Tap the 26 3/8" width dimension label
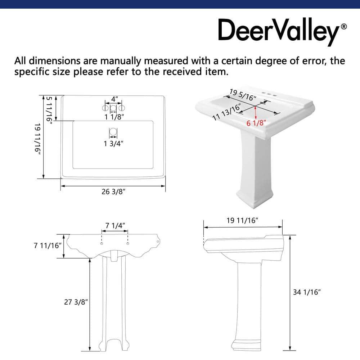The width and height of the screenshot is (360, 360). click(113, 192)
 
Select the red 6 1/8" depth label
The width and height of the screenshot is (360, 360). click(256, 123)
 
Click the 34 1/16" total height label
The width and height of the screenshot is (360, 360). click(306, 292)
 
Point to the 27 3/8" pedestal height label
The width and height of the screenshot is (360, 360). click(76, 302)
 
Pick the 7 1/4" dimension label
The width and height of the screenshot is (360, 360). click(115, 225)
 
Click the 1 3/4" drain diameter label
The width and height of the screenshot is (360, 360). click(113, 143)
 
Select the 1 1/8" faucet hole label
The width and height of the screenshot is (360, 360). click(114, 117)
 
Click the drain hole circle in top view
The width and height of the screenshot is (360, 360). click(113, 132)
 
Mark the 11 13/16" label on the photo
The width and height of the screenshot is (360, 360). click(226, 112)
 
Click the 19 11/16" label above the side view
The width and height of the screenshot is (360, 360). click(243, 221)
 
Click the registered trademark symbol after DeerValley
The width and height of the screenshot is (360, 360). click(344, 27)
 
